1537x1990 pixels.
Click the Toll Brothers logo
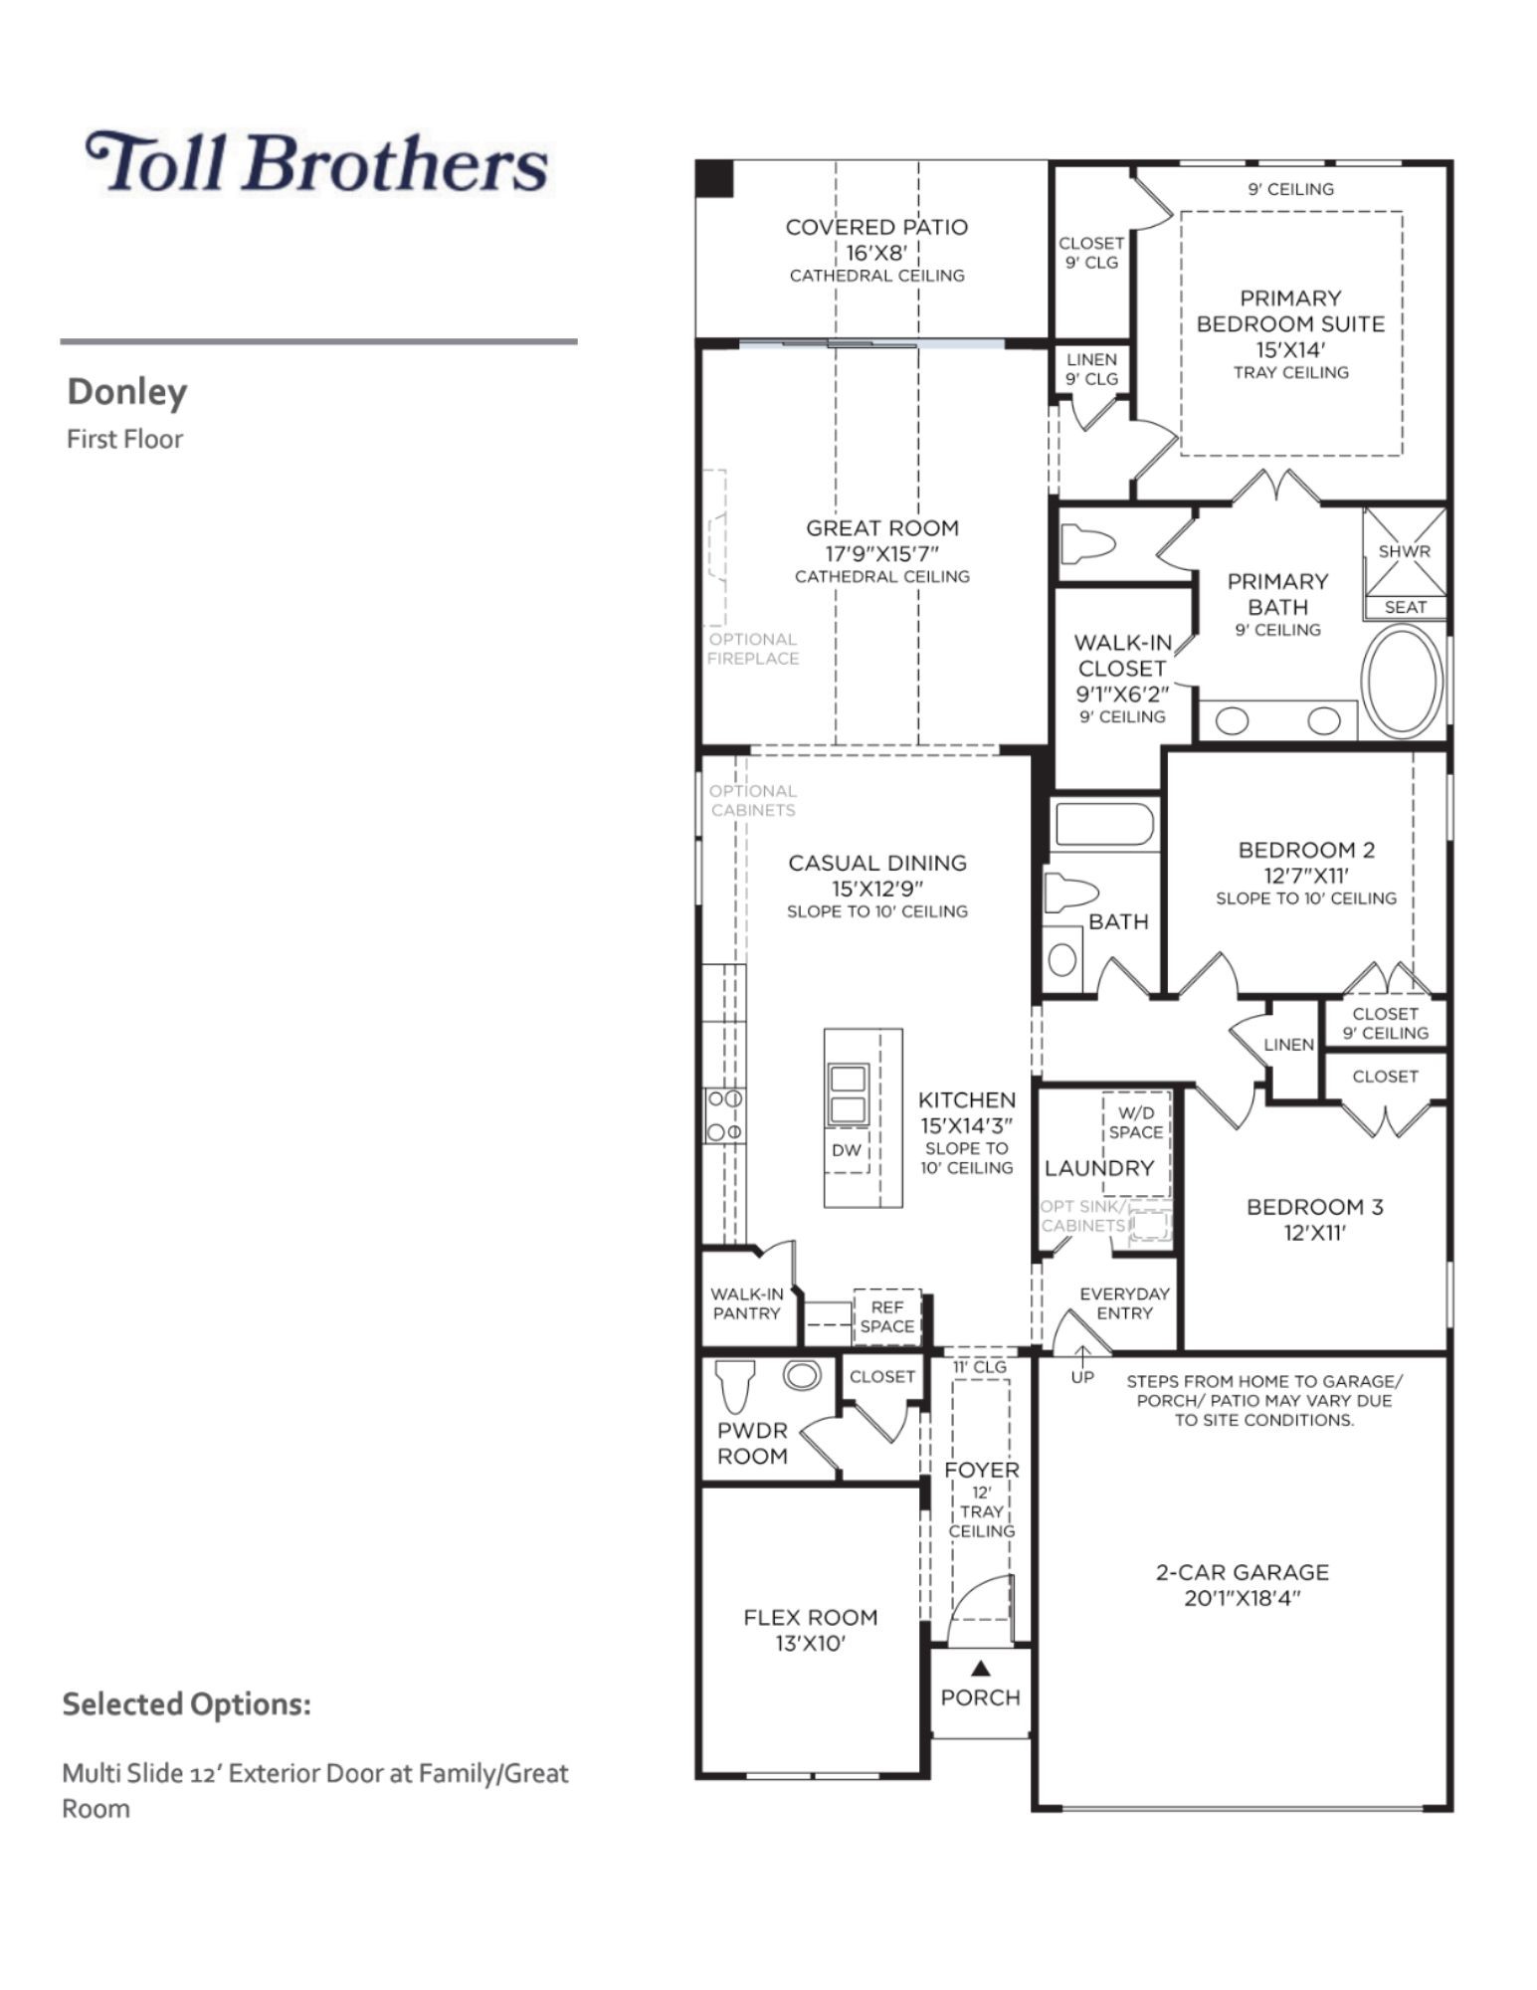[317, 163]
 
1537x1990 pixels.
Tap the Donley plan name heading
[126, 392]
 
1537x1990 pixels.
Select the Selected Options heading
[187, 1703]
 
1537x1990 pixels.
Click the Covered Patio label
[876, 227]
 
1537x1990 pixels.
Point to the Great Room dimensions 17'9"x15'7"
[882, 553]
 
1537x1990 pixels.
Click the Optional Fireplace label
[753, 649]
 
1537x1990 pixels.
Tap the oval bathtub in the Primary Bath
[1401, 682]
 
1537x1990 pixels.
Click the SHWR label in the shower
[1405, 551]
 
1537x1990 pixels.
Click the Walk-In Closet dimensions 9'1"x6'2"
[1122, 694]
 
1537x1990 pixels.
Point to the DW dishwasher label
[846, 1150]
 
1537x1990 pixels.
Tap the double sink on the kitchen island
[848, 1094]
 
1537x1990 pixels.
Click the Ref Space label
[886, 1316]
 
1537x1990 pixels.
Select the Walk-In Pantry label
[747, 1303]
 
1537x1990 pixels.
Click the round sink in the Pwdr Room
[802, 1375]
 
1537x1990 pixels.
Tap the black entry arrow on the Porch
[980, 1668]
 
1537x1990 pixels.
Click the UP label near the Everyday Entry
[1082, 1377]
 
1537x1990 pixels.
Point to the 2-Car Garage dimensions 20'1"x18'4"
[1243, 1598]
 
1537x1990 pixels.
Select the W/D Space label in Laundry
[1136, 1122]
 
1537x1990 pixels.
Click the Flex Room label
[811, 1618]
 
